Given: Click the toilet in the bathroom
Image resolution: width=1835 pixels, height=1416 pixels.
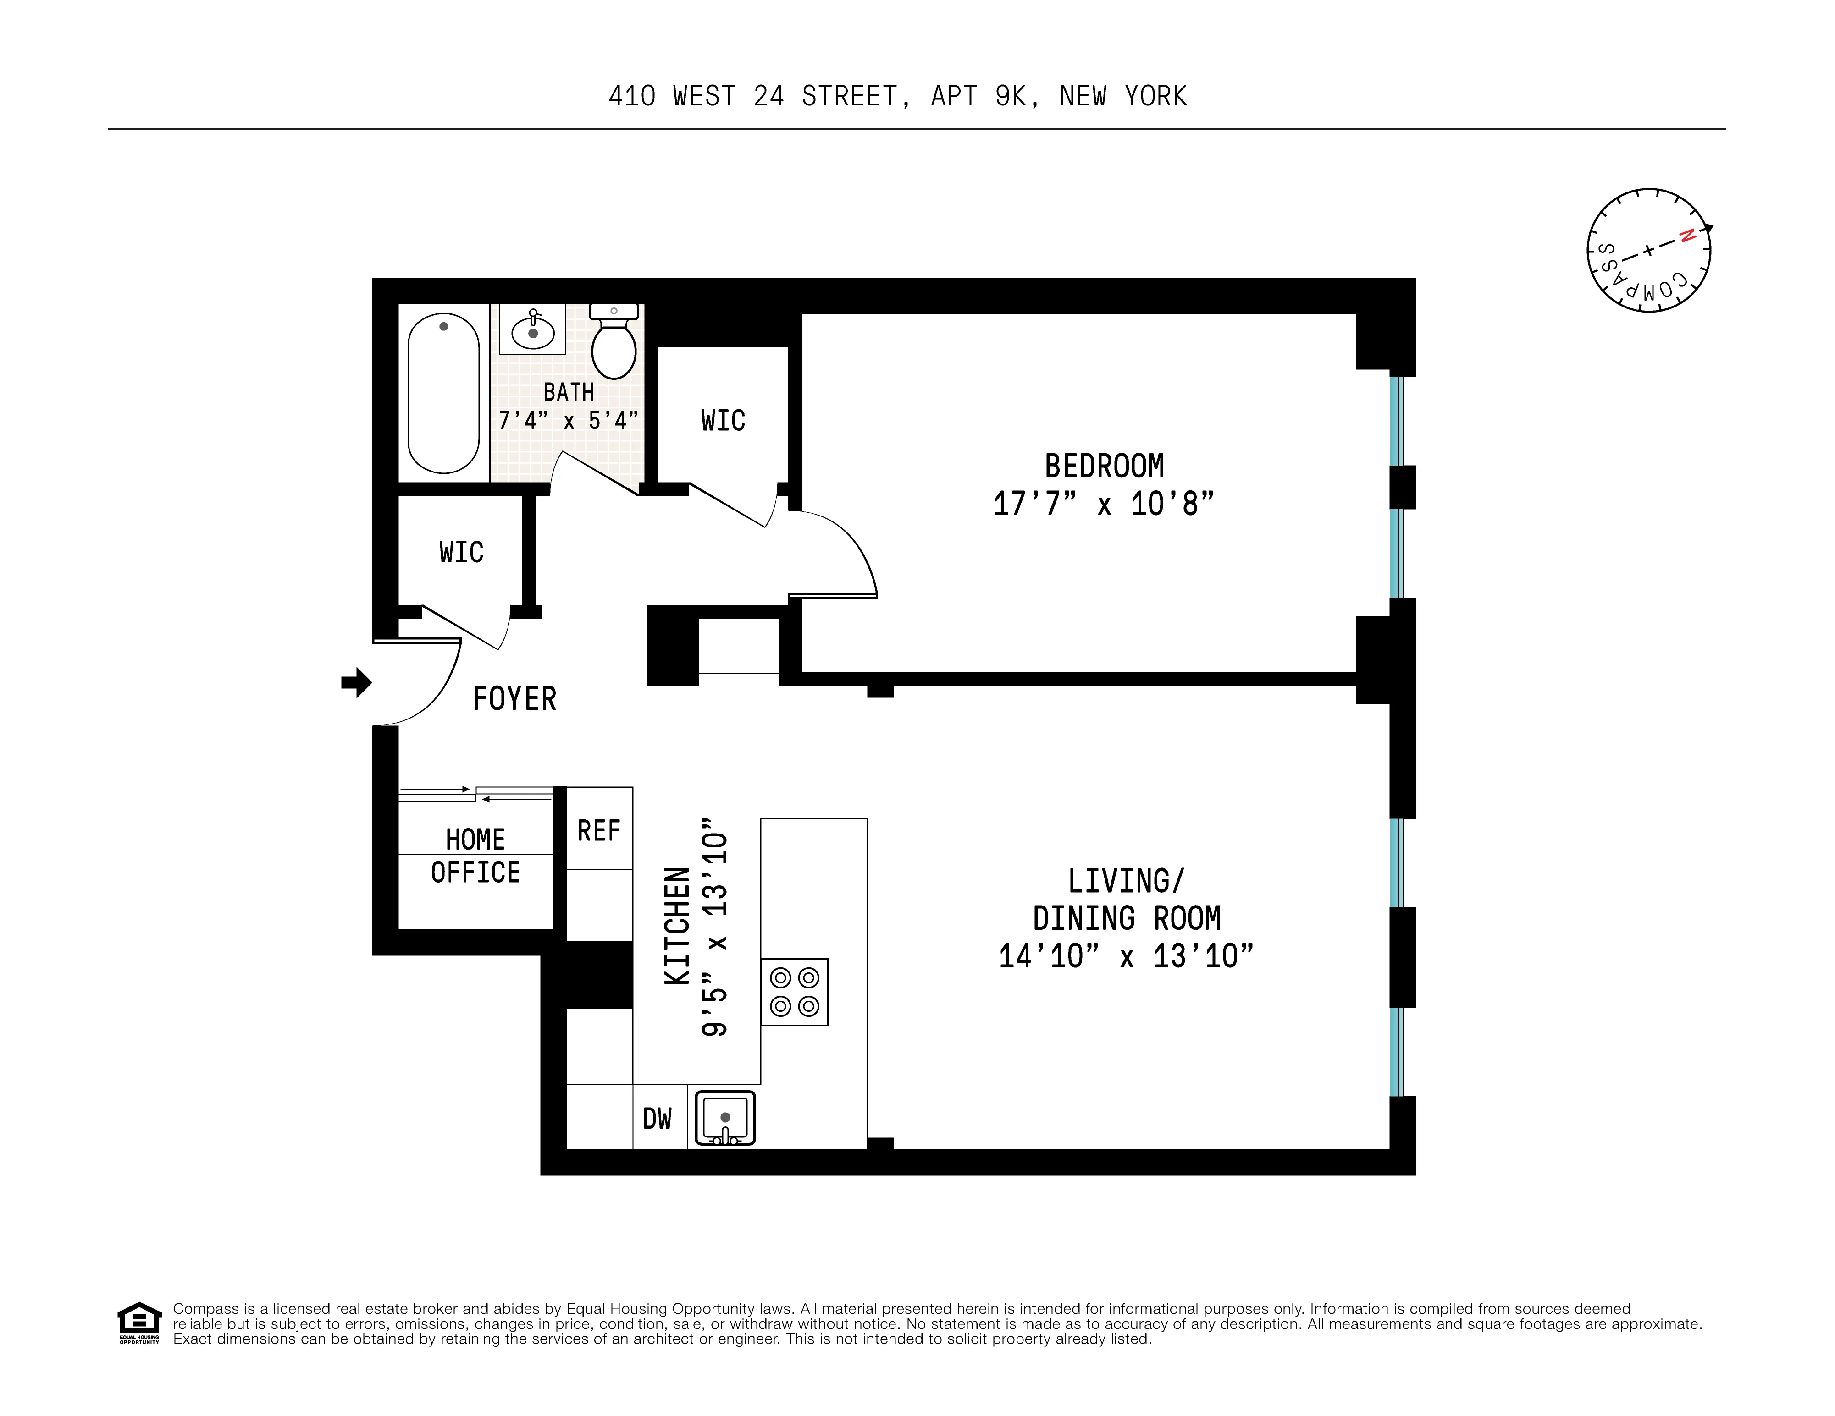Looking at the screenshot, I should click(614, 349).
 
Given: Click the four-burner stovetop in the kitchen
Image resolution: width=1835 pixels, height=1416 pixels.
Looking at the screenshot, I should click(794, 991).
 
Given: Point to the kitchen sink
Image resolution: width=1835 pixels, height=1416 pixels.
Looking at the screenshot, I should click(725, 1118).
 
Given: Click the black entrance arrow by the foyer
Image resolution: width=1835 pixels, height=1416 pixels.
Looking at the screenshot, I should click(356, 682).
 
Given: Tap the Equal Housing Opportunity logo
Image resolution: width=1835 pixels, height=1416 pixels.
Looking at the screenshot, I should click(138, 1323).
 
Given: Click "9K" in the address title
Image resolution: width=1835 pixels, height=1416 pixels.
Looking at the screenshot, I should click(1010, 97).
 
